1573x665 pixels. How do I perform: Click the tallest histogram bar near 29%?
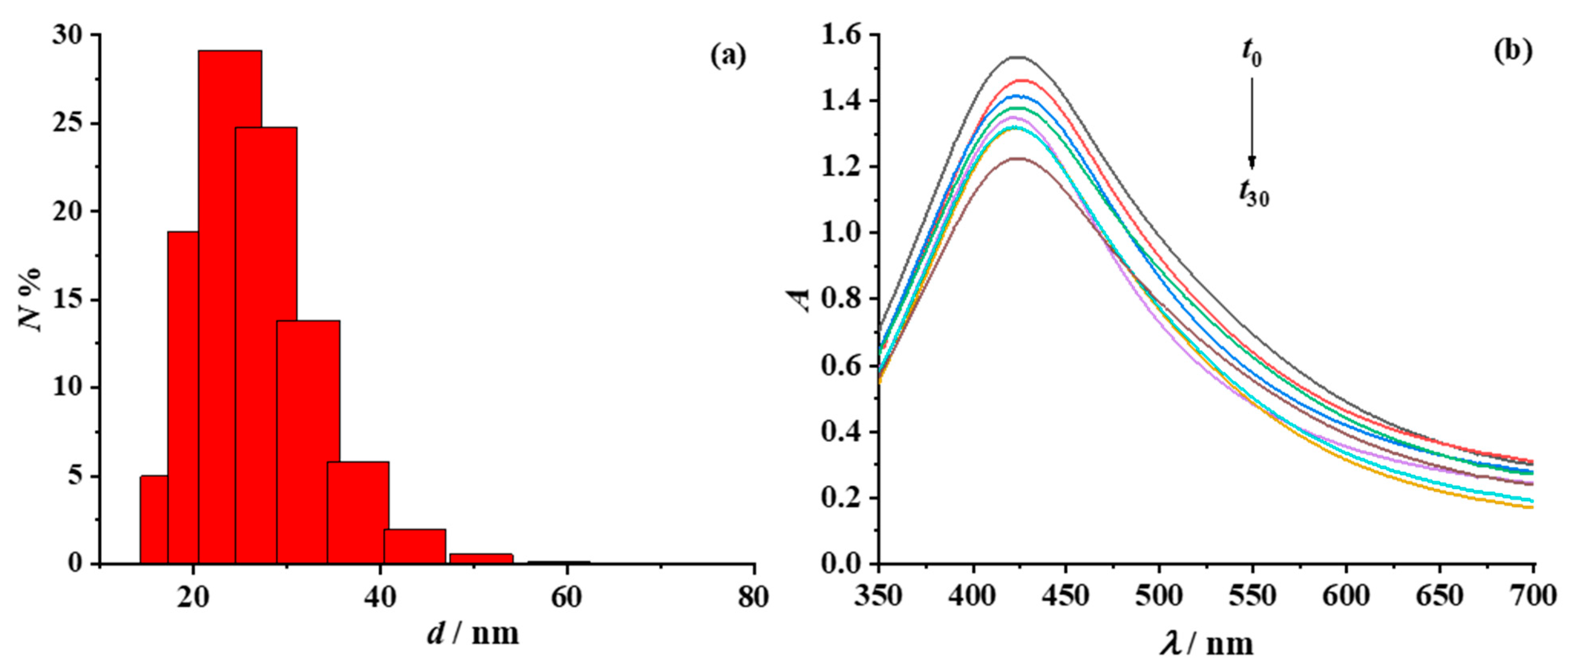point(230,305)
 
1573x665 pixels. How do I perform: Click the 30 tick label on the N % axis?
point(67,36)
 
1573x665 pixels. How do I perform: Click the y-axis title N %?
point(30,299)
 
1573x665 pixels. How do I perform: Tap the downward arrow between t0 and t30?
point(1252,122)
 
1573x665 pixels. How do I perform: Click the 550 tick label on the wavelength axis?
point(1252,595)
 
